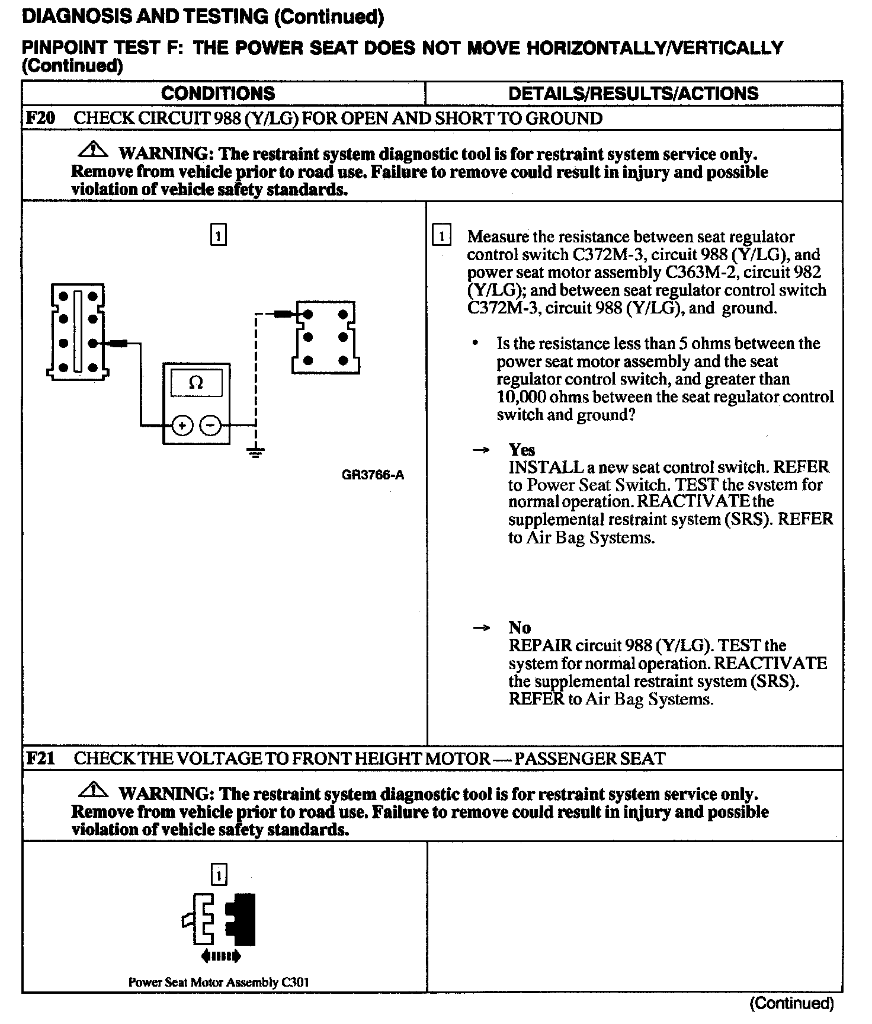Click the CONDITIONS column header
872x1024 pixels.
click(x=218, y=94)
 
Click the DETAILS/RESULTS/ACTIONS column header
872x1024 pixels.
click(x=633, y=94)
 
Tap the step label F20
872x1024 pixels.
click(x=40, y=118)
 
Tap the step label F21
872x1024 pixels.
click(x=40, y=758)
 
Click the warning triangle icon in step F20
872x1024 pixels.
click(x=93, y=150)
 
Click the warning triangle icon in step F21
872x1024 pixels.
click(x=93, y=790)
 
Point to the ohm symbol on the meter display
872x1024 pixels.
click(x=195, y=383)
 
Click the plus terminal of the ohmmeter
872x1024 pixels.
click(x=182, y=425)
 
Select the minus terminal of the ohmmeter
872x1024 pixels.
click(x=210, y=425)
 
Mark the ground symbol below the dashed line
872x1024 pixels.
click(x=255, y=453)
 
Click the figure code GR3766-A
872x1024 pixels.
click(x=373, y=475)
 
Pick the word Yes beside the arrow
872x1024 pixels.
click(x=521, y=450)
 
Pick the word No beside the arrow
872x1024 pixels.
click(x=520, y=628)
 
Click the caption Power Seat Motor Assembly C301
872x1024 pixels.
click(x=219, y=982)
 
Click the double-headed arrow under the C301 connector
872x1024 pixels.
click(x=221, y=956)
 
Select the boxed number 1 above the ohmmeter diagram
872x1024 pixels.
click(x=219, y=235)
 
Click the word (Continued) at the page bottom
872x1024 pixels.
click(x=791, y=1003)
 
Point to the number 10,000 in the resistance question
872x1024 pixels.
click(x=521, y=396)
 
